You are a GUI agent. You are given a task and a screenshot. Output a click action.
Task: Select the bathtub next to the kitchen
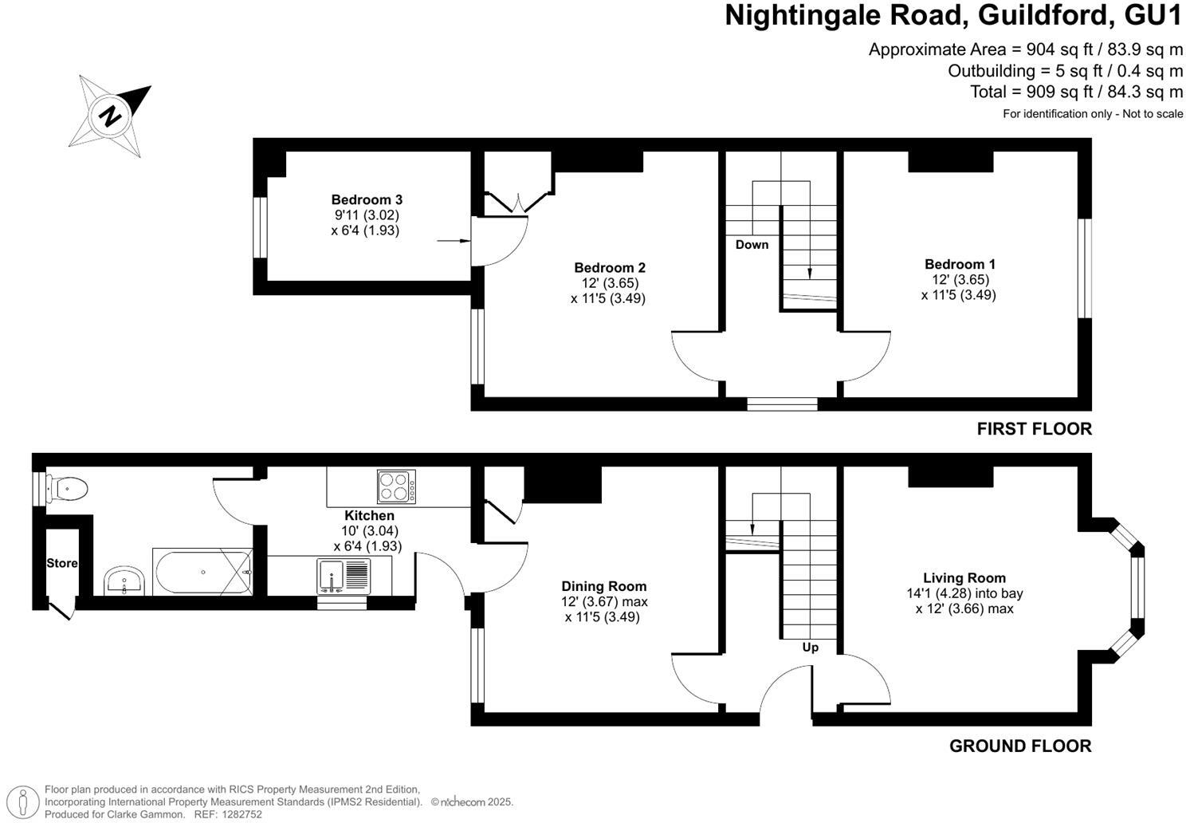click(x=203, y=572)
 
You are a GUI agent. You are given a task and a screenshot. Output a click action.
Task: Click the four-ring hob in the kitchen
click(x=396, y=487)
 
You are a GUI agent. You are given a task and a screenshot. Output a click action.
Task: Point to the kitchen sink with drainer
click(x=344, y=575)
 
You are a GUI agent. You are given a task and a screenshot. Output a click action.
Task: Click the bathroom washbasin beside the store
click(x=124, y=580)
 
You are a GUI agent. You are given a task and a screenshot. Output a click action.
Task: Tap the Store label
click(x=62, y=563)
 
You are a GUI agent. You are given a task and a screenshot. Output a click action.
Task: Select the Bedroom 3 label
click(x=367, y=200)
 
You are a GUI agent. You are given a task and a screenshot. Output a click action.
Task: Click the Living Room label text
click(x=964, y=578)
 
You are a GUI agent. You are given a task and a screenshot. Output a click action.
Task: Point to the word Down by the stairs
click(x=752, y=245)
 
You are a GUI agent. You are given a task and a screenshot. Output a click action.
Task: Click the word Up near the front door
click(x=810, y=648)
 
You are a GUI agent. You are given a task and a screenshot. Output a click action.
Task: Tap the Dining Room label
click(x=603, y=586)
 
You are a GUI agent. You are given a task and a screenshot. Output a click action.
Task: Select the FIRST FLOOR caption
click(x=1034, y=429)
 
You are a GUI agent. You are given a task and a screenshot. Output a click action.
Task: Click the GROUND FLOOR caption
click(x=1020, y=746)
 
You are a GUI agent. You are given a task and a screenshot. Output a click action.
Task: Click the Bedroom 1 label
click(x=960, y=264)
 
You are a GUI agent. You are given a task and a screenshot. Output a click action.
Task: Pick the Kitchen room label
click(x=369, y=516)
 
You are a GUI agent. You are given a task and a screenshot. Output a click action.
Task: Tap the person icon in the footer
click(x=26, y=801)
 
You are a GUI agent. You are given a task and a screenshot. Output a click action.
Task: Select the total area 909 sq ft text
click(x=1076, y=92)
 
